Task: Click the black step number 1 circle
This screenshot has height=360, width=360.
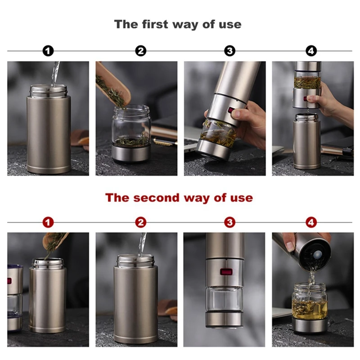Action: click(x=48, y=51)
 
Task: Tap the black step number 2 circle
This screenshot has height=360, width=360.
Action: click(x=140, y=51)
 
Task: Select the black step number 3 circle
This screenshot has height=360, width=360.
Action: click(x=229, y=51)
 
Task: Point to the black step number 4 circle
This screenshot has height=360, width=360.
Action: click(x=311, y=51)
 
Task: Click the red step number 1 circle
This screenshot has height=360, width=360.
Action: click(x=48, y=222)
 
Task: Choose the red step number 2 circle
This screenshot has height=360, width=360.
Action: click(x=140, y=222)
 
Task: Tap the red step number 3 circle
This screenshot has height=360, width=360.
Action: click(x=229, y=222)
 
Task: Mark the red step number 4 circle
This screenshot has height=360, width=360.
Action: click(x=311, y=222)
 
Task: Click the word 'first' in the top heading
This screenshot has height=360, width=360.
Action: click(x=155, y=24)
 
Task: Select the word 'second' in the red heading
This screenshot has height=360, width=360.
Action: click(x=156, y=198)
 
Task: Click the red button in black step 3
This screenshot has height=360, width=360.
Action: click(x=230, y=110)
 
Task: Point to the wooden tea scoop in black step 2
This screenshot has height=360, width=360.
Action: click(x=113, y=86)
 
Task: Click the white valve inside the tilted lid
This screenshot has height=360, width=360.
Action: click(x=317, y=254)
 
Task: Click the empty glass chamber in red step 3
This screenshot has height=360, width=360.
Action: click(x=224, y=299)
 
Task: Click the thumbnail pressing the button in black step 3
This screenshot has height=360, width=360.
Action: click(x=237, y=113)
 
